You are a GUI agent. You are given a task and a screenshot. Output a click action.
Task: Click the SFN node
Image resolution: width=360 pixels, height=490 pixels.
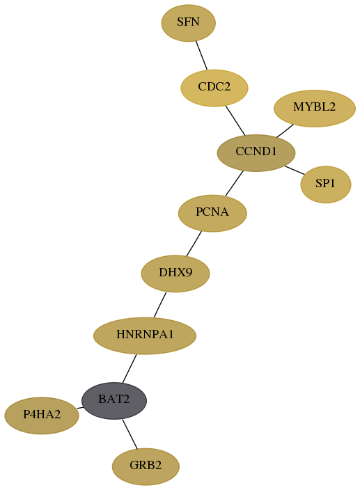189,23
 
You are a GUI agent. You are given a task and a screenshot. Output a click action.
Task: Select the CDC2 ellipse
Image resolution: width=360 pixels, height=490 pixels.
214,88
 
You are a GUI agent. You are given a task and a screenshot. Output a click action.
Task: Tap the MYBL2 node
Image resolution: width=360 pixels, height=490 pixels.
315,109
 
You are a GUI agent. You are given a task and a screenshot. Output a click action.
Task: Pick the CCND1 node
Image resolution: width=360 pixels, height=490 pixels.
256,153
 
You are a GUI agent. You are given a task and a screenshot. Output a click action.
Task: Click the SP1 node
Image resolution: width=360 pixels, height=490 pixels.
326,184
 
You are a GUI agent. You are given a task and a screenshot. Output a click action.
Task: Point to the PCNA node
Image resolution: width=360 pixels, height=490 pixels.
212,213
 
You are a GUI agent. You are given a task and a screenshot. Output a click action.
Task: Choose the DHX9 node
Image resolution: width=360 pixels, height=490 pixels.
175,274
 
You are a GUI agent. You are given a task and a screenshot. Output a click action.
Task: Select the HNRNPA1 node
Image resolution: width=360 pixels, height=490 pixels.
145,335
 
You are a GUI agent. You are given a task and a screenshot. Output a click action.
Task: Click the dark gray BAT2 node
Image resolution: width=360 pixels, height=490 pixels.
114,401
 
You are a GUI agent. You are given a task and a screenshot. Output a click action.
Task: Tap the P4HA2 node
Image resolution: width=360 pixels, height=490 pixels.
42,416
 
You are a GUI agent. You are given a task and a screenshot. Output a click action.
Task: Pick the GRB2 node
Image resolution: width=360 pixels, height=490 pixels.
146,466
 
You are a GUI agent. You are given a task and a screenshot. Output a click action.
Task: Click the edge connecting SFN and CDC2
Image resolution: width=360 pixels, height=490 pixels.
201,55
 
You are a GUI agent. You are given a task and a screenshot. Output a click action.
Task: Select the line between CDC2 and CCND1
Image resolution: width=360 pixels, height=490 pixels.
235,120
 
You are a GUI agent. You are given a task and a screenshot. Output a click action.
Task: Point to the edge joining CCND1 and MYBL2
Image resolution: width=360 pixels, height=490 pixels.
285,131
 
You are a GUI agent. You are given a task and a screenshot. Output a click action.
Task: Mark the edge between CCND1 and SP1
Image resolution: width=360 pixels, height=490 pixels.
295,171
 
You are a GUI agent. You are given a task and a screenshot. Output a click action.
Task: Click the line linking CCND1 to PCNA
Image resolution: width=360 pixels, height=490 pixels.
234,184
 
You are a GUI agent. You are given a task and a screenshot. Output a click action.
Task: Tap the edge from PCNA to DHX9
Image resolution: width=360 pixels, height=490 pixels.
194,244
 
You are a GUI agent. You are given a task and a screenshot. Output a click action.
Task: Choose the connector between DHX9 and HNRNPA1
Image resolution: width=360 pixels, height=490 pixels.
160,305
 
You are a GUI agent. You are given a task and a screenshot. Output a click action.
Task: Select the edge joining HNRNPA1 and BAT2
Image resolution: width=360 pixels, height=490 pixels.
130,368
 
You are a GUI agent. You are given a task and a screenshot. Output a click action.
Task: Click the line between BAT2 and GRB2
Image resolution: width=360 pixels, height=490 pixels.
130,434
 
